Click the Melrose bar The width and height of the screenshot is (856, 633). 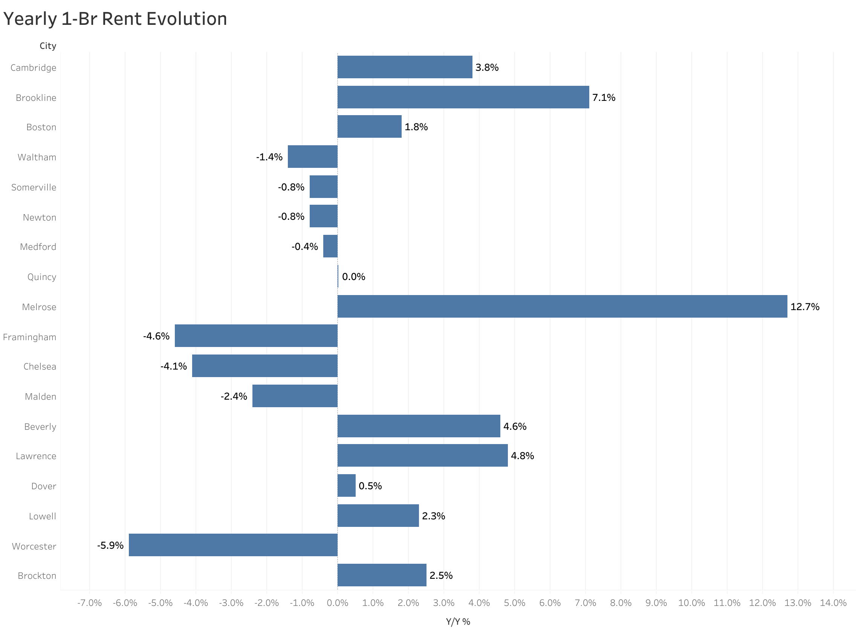pos(562,306)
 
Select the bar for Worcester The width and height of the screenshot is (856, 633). pos(233,545)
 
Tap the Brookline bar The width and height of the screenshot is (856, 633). pos(463,97)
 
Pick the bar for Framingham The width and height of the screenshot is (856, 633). pos(256,336)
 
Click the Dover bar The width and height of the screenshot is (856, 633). pos(346,485)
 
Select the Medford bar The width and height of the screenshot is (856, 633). pos(330,246)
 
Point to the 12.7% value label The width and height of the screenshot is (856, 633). pos(805,307)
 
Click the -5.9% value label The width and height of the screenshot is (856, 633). pos(110,545)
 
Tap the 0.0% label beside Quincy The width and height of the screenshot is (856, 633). pos(353,277)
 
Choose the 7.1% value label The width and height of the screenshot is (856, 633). pos(604,97)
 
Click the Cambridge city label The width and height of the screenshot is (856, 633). pos(34,68)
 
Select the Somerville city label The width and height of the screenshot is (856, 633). pos(34,187)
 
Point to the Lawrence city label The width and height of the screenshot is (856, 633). pos(36,456)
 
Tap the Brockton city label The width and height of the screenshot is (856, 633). pos(37,575)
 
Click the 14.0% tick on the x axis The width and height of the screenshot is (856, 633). pos(833,603)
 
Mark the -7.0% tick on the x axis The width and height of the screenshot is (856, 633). pos(89,603)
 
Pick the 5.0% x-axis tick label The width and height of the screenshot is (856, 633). pos(514,603)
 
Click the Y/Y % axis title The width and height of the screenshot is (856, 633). pos(458,621)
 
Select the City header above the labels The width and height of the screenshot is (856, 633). pos(48,46)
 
